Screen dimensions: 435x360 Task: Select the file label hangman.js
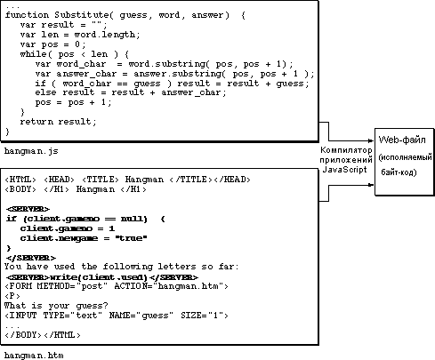pyautogui.click(x=31, y=151)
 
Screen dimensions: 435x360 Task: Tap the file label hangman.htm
pyautogui.click(x=34, y=355)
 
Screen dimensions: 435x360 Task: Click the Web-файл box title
pyautogui.click(x=402, y=140)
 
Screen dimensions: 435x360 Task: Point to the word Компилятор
pyautogui.click(x=346, y=150)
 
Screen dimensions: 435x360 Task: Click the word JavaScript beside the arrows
pyautogui.click(x=344, y=170)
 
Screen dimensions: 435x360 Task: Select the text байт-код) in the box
pyautogui.click(x=399, y=172)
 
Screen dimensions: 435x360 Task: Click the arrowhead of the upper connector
pyautogui.click(x=372, y=140)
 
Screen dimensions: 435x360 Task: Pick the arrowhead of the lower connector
pyautogui.click(x=372, y=185)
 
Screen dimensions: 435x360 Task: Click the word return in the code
pyautogui.click(x=36, y=122)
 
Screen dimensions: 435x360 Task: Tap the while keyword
pyautogui.click(x=34, y=54)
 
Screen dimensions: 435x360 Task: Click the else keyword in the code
pyautogui.click(x=45, y=92)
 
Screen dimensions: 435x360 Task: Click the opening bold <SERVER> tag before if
pyautogui.click(x=28, y=209)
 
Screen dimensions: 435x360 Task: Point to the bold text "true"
pyautogui.click(x=131, y=238)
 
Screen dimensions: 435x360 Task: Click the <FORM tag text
pyautogui.click(x=19, y=286)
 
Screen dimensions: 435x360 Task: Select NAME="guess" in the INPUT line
pyautogui.click(x=141, y=316)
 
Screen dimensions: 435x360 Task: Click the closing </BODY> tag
pyautogui.click(x=23, y=335)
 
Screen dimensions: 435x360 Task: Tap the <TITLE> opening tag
pyautogui.click(x=101, y=180)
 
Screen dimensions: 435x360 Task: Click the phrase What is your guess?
pyautogui.click(x=56, y=306)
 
